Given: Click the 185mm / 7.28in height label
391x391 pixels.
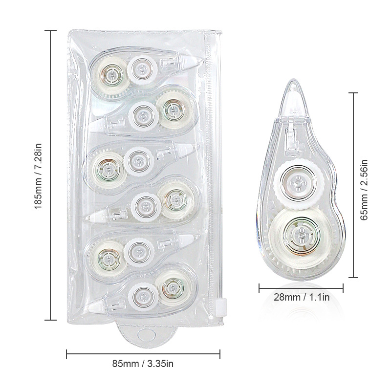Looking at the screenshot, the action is point(38,176).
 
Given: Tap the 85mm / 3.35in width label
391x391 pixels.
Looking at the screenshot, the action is point(143,364).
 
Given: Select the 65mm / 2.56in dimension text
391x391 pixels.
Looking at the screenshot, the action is point(364,190).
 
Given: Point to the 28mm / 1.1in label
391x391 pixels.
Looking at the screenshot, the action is point(302,297).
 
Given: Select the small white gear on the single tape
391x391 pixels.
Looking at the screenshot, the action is point(299,183).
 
